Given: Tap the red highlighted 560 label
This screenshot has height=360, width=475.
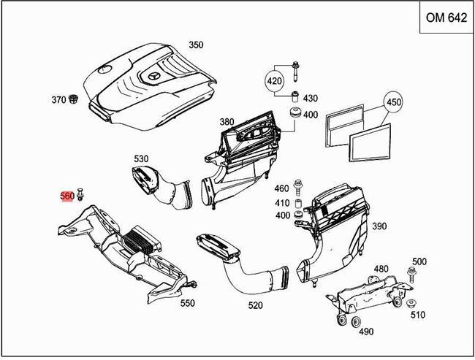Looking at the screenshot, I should [66, 196].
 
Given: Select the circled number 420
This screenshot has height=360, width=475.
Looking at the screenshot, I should [274, 81].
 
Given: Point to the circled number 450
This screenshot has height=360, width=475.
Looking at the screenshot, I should [393, 102].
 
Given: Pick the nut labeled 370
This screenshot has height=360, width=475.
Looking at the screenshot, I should [75, 99].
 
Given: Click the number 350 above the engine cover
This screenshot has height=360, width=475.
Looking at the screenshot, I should [195, 45].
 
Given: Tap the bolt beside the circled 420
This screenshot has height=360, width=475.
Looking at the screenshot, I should [295, 72].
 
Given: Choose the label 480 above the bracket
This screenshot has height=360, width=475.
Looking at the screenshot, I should [381, 269].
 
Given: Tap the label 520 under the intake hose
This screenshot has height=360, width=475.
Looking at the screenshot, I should [255, 305].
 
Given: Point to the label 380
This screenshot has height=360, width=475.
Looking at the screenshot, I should [227, 122].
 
